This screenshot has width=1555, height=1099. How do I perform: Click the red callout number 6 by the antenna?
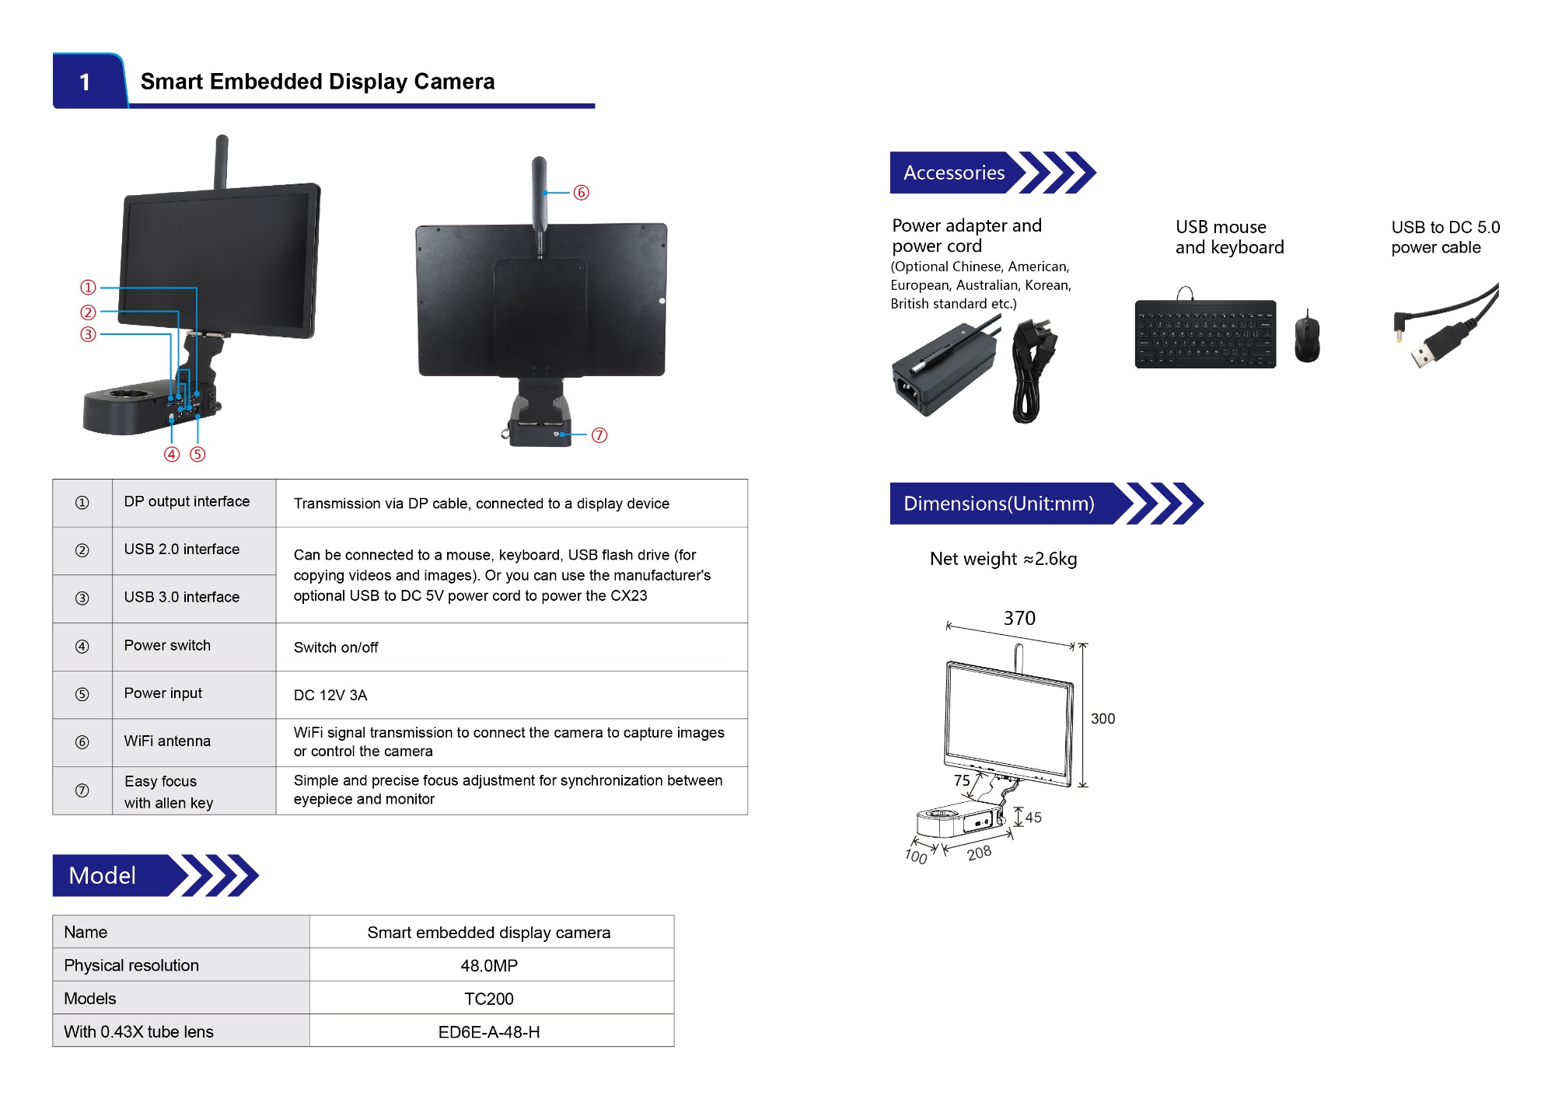(x=581, y=193)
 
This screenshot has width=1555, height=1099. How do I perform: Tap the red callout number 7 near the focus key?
(x=599, y=435)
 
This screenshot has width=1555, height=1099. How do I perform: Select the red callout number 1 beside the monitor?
(x=88, y=288)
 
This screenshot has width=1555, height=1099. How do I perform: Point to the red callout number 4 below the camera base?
(x=172, y=454)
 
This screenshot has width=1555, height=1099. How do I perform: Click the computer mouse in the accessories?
(x=1307, y=337)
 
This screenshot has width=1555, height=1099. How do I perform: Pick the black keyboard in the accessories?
(x=1205, y=334)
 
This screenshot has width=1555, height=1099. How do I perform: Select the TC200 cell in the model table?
(x=489, y=999)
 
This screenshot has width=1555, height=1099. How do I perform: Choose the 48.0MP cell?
(x=489, y=965)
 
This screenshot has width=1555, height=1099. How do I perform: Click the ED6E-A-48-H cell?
(x=489, y=1032)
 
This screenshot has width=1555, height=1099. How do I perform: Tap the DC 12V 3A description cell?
(x=330, y=695)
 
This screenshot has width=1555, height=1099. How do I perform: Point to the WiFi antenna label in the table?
(x=167, y=741)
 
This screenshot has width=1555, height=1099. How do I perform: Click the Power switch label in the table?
(x=167, y=645)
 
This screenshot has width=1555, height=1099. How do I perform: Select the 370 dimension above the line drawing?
(x=1019, y=618)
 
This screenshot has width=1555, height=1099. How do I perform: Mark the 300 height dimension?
(x=1102, y=719)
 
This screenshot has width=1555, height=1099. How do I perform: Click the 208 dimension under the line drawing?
(x=979, y=853)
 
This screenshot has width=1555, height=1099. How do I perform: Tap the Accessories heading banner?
(x=954, y=173)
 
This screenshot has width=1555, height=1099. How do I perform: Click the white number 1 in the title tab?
(x=85, y=82)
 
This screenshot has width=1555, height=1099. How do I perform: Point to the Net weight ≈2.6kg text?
(x=1003, y=559)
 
